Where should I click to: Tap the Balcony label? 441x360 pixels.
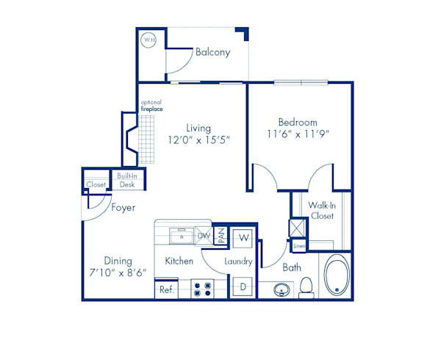click(212, 52)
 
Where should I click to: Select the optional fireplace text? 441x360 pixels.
click(152, 106)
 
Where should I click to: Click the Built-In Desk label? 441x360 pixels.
click(127, 180)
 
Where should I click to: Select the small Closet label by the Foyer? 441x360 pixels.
click(96, 184)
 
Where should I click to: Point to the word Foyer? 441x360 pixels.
click(123, 208)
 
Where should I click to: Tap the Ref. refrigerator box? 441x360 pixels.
click(166, 290)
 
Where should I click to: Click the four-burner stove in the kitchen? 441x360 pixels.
click(201, 289)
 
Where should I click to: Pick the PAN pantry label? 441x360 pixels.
click(220, 236)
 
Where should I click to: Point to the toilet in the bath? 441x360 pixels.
click(307, 287)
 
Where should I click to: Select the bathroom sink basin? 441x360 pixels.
click(281, 290)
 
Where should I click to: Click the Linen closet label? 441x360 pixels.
click(298, 245)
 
